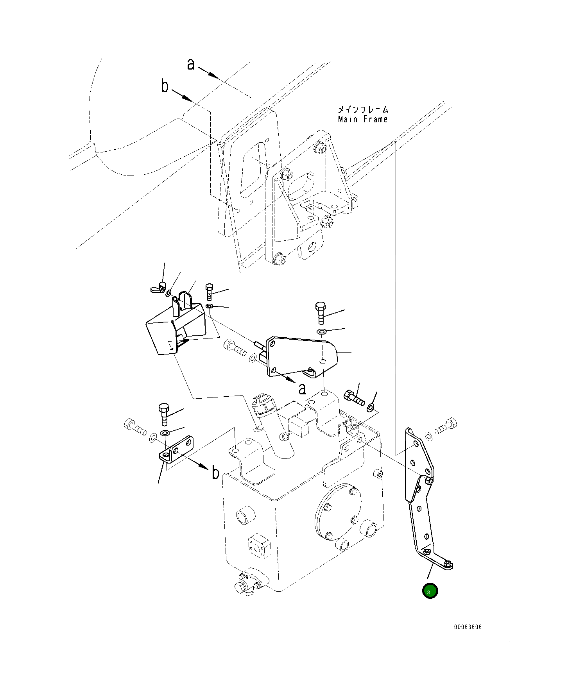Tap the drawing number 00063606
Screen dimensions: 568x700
468,627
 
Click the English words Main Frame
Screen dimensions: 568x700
363,119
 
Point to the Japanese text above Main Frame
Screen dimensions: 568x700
363,109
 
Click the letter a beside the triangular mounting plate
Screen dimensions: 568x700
302,389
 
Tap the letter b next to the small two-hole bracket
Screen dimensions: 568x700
215,473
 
